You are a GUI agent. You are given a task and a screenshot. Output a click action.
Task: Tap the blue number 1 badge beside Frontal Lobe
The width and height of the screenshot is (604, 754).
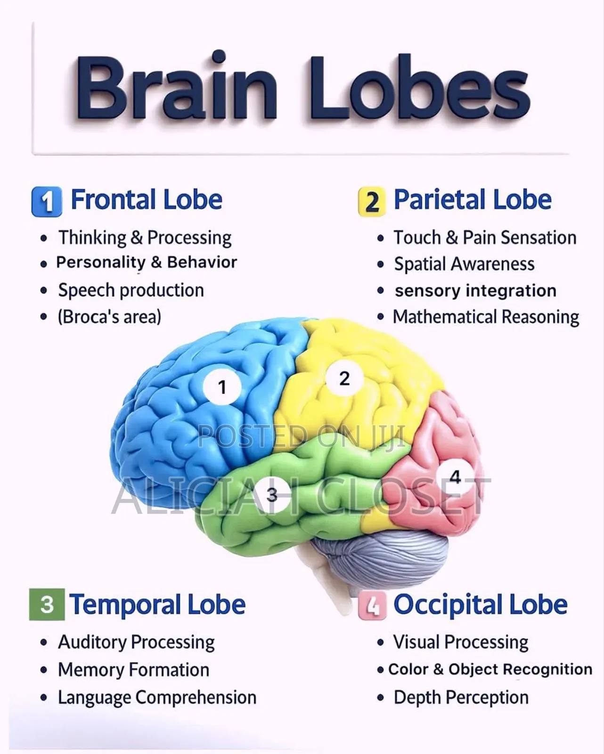(x=47, y=202)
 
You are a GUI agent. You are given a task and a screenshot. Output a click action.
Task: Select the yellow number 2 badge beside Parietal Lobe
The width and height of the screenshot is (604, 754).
(x=372, y=202)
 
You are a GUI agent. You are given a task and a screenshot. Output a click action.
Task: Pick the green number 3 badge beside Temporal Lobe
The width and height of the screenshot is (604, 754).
(x=47, y=604)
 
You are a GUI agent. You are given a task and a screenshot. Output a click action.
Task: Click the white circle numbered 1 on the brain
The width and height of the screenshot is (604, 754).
(x=222, y=387)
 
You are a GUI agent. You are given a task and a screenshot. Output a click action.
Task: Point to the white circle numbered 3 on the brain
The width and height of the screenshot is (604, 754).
(x=272, y=494)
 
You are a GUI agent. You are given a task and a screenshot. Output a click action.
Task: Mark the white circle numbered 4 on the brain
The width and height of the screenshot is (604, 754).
(x=455, y=477)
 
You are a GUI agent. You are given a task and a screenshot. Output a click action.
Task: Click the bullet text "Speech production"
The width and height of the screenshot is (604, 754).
(x=131, y=290)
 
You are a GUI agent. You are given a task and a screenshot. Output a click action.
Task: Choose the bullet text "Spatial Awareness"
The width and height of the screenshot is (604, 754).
(x=464, y=264)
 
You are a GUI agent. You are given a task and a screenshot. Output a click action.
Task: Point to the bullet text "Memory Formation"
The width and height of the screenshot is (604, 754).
(x=134, y=670)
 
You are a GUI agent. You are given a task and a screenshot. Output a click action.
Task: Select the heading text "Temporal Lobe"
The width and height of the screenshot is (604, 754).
(x=157, y=605)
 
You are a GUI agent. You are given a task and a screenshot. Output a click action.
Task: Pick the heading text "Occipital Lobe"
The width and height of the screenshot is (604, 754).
(x=481, y=605)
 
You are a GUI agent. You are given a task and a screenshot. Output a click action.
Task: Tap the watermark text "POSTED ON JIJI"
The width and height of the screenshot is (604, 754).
(x=302, y=436)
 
